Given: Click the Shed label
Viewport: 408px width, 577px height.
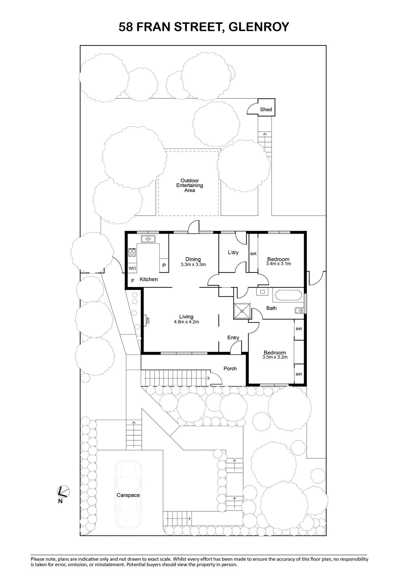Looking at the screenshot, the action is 266,110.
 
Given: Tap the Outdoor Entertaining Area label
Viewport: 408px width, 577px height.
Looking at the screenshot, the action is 189,185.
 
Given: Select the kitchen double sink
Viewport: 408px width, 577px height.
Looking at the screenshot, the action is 148,239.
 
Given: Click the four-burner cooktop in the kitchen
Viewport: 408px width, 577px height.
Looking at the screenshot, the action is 132,252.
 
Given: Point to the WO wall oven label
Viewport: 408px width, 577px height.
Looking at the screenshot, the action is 132,268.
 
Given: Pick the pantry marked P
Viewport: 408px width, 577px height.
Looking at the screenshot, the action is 164,265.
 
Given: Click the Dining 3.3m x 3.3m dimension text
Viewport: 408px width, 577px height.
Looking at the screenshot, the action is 193,264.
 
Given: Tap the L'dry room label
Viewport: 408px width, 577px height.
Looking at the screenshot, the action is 233,252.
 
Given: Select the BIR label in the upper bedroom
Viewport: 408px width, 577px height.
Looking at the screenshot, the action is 253,254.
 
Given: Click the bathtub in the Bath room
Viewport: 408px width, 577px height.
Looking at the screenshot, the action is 288,295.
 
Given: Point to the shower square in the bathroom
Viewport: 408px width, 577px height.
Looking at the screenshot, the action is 242,311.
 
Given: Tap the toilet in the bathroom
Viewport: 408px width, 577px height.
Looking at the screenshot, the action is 299,310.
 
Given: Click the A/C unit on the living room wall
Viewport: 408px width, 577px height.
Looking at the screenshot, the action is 146,321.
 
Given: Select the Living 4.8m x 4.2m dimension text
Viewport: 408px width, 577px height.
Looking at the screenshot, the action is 187,322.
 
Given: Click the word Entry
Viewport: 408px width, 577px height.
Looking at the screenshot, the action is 233,338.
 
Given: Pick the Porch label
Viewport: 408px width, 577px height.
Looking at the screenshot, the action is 230,369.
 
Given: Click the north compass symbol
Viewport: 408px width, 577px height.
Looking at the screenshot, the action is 63,492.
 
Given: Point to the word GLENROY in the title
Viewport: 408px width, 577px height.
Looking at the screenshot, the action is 259,27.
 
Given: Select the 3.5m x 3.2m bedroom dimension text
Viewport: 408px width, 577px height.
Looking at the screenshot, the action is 275,357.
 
